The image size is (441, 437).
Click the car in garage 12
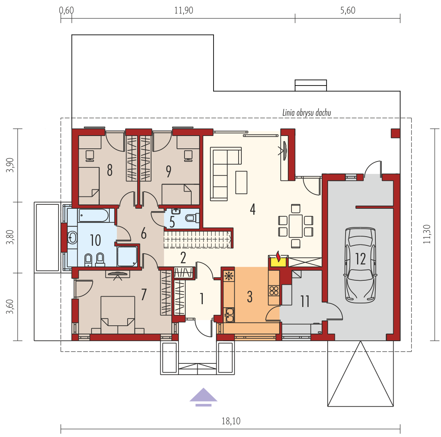tap(360, 265)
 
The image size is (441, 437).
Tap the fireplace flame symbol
tap(278, 256)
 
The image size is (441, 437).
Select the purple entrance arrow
tap(203, 397)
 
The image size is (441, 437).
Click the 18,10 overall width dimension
tap(231, 421)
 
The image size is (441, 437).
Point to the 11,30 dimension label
tap(427, 234)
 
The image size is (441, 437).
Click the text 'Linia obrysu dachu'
tap(307, 113)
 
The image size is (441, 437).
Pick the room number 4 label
tap(253, 209)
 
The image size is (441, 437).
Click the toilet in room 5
tap(192, 218)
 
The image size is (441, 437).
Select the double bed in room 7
tap(118, 315)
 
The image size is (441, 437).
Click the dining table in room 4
tap(295, 226)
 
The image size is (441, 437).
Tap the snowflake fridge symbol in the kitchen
tap(229, 276)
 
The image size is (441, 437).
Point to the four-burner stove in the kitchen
tap(274, 291)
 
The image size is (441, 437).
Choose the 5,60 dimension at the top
tap(348, 10)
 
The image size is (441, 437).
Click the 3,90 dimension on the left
tap(10, 165)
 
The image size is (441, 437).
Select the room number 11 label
tap(305, 301)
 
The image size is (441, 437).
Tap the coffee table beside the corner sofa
tap(241, 183)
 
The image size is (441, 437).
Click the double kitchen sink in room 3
tap(229, 315)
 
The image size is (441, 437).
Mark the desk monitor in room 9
tap(188, 156)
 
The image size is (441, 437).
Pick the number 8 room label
tap(110, 170)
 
